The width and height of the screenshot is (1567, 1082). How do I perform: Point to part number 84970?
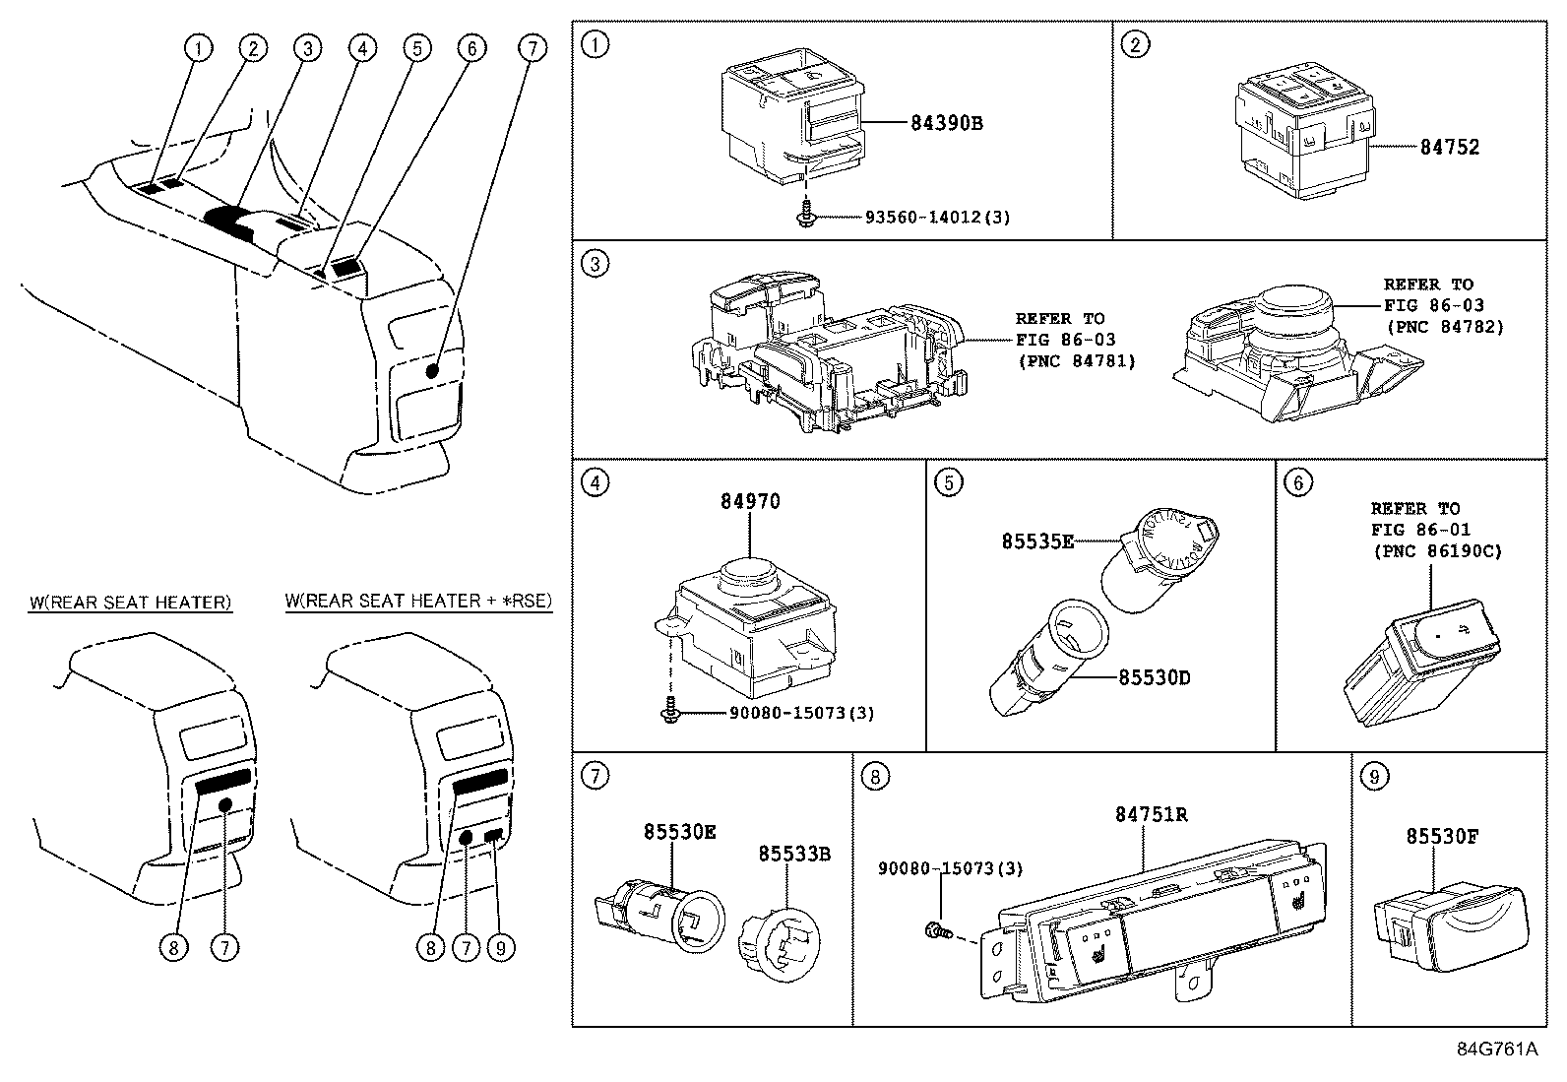750,501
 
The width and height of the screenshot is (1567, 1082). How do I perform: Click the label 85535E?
1037,541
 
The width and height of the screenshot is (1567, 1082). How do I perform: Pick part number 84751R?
1151,814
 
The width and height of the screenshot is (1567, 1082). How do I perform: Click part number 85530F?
1445,837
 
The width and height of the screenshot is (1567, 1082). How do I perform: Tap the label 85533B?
793,854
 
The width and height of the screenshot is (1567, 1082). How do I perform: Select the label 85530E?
680,832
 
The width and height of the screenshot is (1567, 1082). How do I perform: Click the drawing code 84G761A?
1496,1049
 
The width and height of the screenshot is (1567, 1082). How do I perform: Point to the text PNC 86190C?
1437,551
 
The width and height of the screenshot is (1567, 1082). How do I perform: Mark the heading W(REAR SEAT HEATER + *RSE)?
418,601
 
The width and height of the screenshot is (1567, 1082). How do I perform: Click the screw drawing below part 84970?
669,710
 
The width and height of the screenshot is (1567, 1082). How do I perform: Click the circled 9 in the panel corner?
1374,777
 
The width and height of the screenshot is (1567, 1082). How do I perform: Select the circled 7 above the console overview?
531,46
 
